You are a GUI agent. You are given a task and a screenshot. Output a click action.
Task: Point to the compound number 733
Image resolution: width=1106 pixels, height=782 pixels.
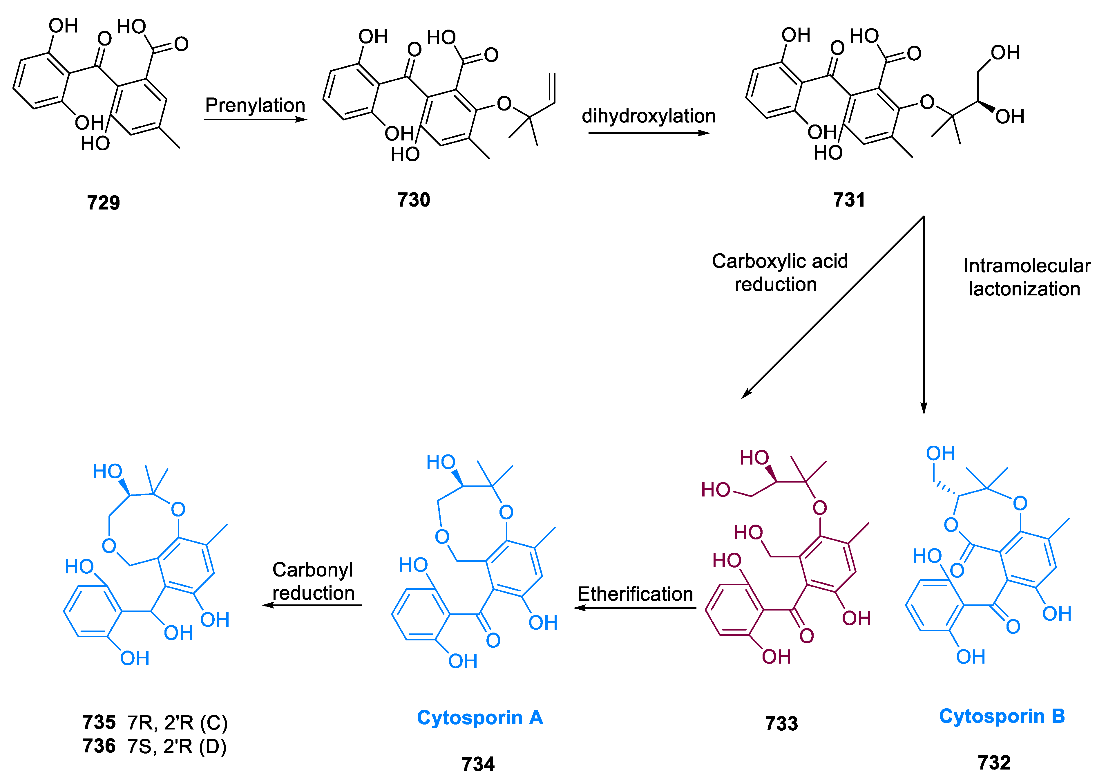point(781,724)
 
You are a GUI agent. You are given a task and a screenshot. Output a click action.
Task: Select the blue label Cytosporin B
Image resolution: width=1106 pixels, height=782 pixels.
point(1002,716)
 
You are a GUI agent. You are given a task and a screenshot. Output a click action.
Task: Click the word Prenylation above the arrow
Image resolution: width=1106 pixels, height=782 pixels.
point(255,105)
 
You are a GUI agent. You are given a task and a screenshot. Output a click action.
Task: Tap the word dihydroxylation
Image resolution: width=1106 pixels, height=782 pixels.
point(648,116)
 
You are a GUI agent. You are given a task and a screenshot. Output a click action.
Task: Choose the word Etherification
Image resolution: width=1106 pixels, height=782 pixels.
point(635,594)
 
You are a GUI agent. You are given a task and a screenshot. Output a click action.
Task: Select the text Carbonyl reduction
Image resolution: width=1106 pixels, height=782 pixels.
point(313,581)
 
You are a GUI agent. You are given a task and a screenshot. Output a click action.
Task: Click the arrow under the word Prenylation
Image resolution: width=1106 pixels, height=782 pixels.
point(255,119)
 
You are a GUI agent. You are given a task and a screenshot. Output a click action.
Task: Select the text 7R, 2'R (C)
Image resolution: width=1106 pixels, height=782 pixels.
point(177,723)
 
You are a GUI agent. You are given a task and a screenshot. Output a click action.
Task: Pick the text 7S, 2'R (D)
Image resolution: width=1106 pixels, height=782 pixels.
point(177,746)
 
